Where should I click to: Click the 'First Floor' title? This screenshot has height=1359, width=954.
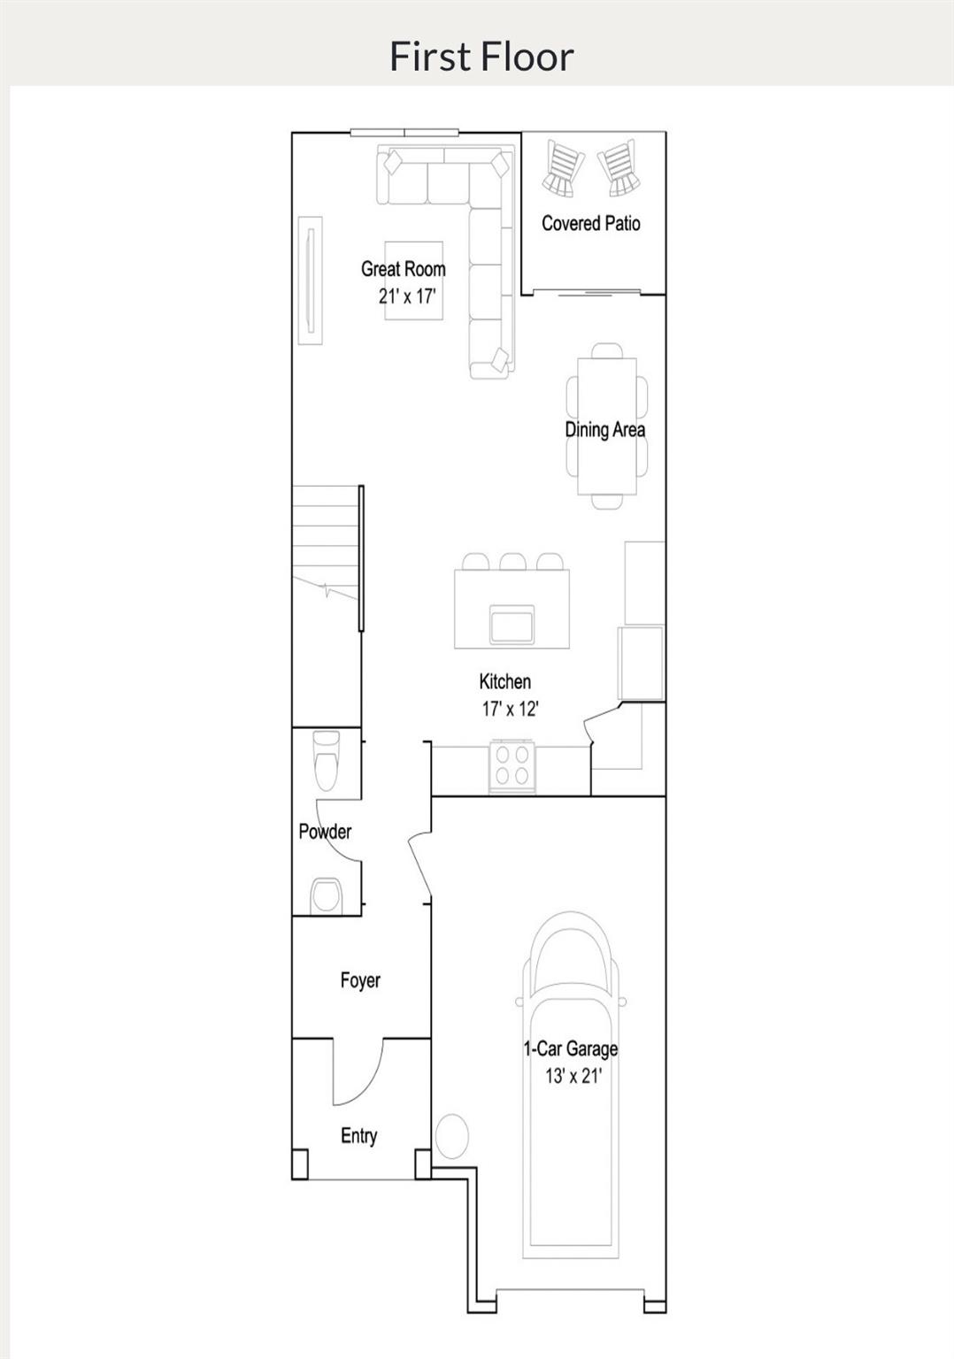(481, 56)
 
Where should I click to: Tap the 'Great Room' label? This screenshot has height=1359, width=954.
(403, 269)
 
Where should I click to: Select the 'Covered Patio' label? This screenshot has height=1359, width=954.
(590, 224)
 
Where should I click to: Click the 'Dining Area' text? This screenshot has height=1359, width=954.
(605, 430)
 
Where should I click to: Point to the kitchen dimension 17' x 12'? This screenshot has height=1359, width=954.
(511, 709)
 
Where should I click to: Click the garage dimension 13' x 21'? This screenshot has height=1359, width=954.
(573, 1076)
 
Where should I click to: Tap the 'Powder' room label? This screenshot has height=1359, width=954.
(325, 832)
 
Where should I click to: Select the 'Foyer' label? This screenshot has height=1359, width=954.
(360, 980)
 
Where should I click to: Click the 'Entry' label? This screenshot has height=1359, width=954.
(358, 1136)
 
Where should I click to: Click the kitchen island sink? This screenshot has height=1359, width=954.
(512, 625)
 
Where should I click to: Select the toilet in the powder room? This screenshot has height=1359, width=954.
(326, 759)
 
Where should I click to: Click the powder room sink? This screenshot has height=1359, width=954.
(326, 894)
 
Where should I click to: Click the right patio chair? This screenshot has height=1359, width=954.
(619, 167)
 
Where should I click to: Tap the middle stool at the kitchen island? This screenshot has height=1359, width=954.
(512, 562)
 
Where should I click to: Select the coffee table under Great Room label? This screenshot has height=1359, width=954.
(414, 280)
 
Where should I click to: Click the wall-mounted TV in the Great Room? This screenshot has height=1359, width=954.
(310, 280)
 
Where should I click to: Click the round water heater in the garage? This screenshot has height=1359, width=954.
(452, 1135)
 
